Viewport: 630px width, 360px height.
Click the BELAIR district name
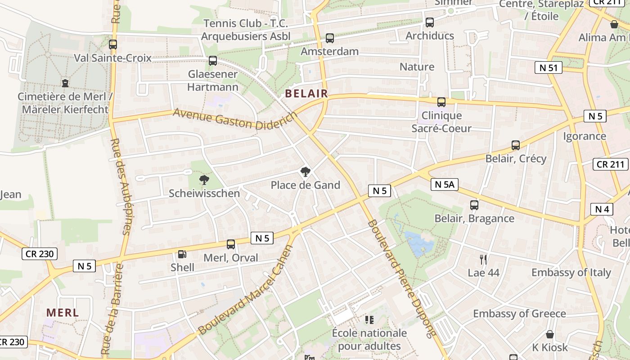point(306,94)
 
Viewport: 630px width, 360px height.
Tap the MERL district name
point(63,312)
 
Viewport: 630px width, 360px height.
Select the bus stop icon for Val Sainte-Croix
point(112,45)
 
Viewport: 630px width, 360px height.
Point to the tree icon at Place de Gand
point(305,171)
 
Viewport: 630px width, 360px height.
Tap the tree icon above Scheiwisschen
point(204,180)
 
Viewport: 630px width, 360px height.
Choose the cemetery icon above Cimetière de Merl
point(65,83)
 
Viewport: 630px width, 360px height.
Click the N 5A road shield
point(444,184)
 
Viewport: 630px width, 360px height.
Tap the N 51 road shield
point(548,68)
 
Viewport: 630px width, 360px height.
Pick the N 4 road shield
point(602,209)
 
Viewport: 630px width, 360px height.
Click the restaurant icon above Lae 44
point(483,259)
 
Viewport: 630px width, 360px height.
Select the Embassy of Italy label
point(571,272)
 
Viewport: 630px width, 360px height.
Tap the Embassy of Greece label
point(519,313)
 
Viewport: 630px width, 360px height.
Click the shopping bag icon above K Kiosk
point(550,334)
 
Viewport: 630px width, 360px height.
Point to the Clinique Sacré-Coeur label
point(441,122)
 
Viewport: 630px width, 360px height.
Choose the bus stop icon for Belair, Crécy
point(516,145)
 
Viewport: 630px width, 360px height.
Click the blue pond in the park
point(419,243)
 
